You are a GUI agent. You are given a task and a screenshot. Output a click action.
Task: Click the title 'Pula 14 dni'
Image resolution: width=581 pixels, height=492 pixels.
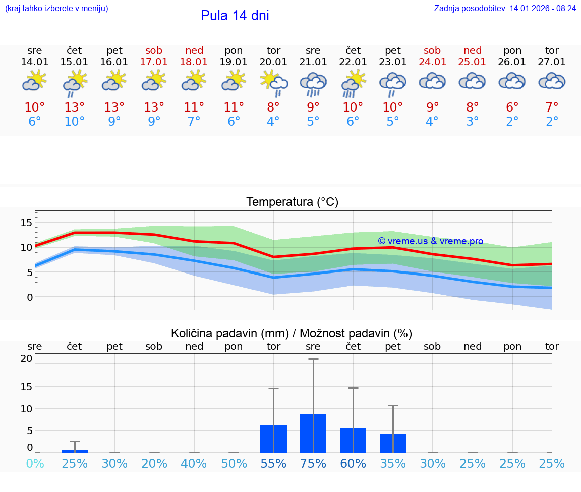click(x=235, y=16)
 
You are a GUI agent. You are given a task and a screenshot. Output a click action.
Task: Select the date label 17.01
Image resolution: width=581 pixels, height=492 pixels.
click(x=154, y=62)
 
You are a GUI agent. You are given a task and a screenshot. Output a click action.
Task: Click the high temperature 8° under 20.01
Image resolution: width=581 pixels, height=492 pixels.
click(x=273, y=107)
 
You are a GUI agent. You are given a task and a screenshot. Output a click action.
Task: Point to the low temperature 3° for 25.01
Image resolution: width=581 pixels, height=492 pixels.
click(x=473, y=122)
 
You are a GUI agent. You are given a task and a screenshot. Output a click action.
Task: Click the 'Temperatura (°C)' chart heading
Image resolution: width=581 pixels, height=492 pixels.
click(x=292, y=202)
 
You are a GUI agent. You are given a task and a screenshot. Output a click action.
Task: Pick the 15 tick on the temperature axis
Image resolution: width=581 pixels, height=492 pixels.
click(x=26, y=223)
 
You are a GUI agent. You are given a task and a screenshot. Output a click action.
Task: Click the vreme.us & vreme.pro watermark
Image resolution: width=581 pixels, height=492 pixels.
click(x=430, y=241)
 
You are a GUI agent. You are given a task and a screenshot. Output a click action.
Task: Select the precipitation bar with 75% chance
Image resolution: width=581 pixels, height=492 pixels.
click(x=313, y=433)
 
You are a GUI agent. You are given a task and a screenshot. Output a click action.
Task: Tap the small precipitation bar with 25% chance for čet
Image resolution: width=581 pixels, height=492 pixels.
click(x=75, y=451)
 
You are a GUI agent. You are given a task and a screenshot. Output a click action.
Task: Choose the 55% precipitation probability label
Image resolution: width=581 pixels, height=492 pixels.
click(x=273, y=464)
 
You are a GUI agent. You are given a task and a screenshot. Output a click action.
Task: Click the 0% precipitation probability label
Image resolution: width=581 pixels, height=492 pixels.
click(x=35, y=464)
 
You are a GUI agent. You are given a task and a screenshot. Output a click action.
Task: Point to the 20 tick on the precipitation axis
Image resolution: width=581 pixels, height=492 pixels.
click(x=26, y=359)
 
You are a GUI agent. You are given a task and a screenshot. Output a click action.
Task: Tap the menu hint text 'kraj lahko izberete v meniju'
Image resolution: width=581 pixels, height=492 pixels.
click(x=56, y=9)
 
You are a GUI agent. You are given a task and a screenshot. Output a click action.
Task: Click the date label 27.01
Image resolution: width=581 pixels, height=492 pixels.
click(x=552, y=62)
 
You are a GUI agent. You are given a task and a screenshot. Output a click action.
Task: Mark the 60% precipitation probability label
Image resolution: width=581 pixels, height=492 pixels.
click(x=353, y=464)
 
